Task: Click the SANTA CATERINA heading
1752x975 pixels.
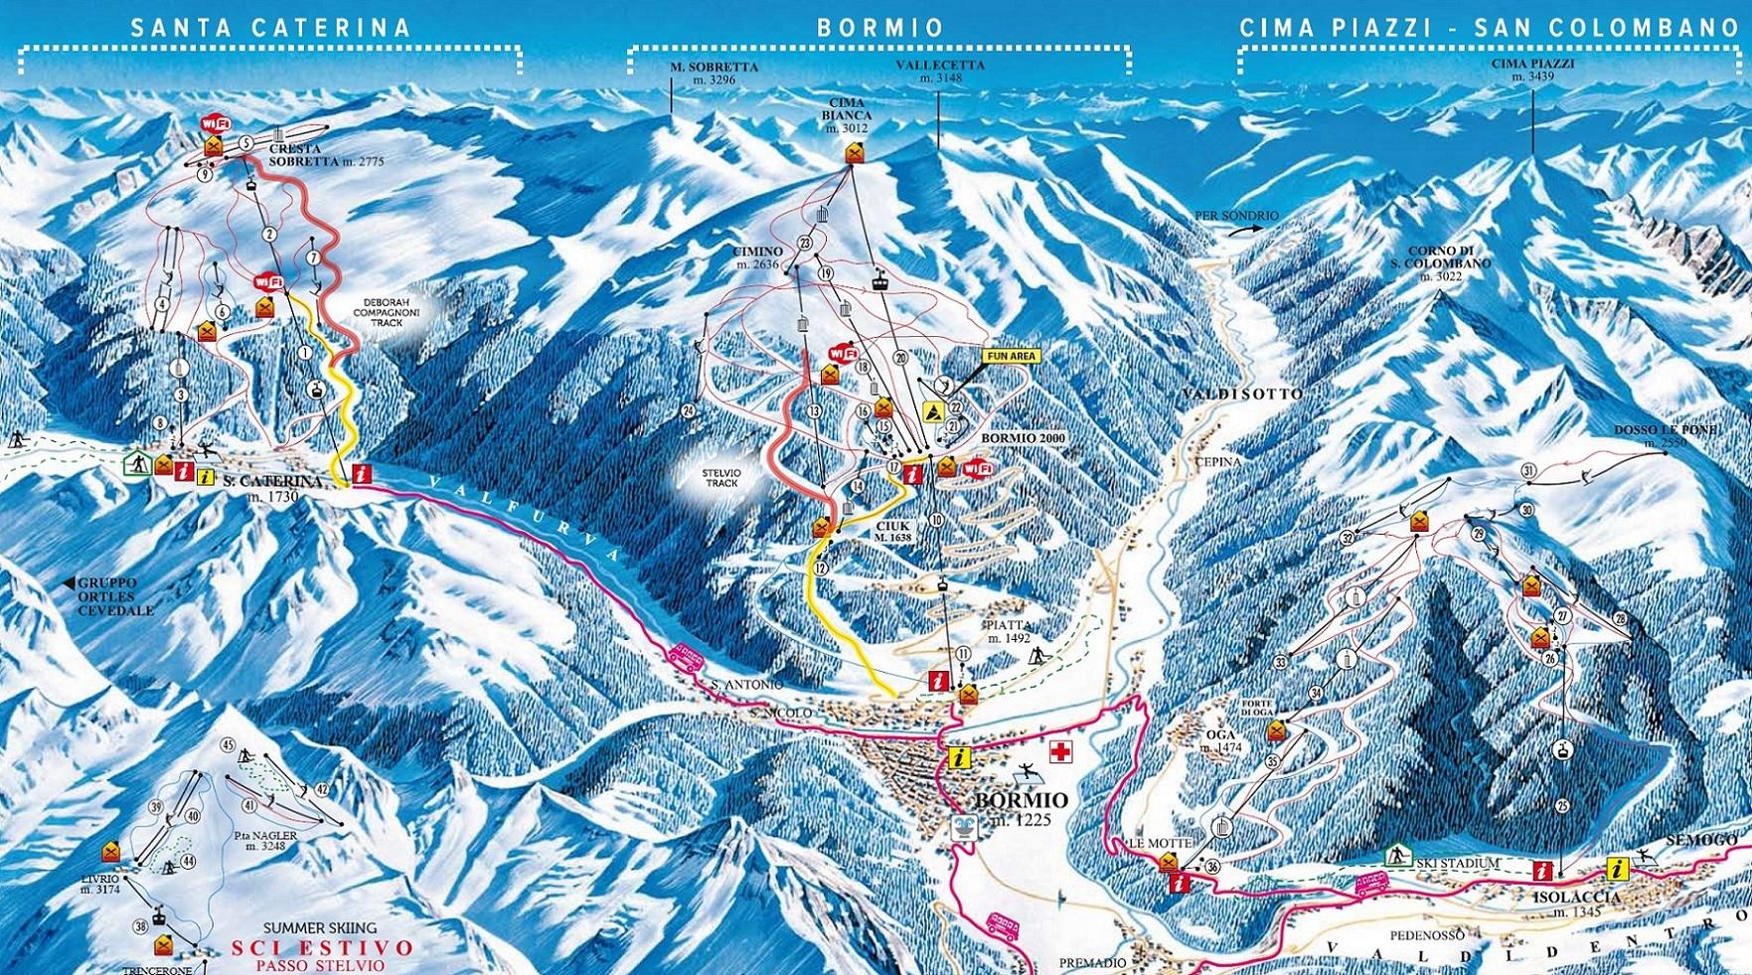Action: pyautogui.click(x=270, y=27)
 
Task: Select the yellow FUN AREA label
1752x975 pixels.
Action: pyautogui.click(x=1010, y=355)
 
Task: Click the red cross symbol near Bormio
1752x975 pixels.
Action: pyautogui.click(x=1061, y=752)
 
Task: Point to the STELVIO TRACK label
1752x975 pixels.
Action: pyautogui.click(x=722, y=476)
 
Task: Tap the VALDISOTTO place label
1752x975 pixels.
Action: pyautogui.click(x=1242, y=395)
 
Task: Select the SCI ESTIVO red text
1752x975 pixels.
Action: pyautogui.click(x=322, y=947)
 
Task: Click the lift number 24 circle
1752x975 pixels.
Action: pyautogui.click(x=689, y=410)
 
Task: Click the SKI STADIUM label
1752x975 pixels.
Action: pyautogui.click(x=1458, y=863)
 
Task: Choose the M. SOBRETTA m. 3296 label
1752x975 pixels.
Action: pyautogui.click(x=714, y=73)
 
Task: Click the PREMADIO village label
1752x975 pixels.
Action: pyautogui.click(x=1093, y=963)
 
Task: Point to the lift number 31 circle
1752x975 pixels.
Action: pyautogui.click(x=1528, y=470)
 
